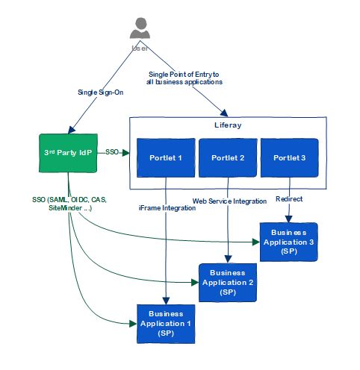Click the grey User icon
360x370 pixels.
140,28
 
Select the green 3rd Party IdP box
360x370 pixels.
68,153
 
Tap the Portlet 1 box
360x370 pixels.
166,158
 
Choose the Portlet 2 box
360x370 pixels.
228,158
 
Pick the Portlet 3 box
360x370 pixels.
290,158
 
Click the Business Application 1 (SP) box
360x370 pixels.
166,324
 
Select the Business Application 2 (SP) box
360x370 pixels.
228,283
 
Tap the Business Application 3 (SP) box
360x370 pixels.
289,242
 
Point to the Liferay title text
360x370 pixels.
228,125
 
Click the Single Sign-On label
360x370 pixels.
101,92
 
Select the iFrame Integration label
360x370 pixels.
167,208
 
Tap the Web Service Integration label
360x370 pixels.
229,201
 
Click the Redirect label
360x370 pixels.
289,199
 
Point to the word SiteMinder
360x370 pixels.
65,208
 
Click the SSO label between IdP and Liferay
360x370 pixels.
112,152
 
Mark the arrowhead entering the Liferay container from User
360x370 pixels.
224,113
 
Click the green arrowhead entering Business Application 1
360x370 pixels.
133,324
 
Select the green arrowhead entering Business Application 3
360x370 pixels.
256,242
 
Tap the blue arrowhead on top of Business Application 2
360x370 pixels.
228,260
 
